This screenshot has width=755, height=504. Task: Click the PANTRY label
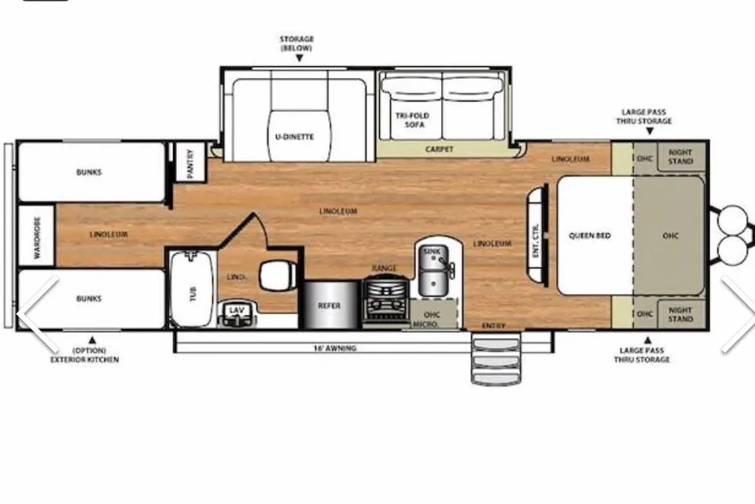coord(190,164)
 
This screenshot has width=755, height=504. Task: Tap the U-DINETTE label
coord(294,137)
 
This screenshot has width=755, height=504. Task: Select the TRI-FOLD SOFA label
coord(413,120)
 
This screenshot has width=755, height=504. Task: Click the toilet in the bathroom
coord(278,276)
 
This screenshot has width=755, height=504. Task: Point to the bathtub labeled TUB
coord(192,288)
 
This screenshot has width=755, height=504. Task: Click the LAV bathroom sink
coord(236,313)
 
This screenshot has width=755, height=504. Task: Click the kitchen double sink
coord(434,271)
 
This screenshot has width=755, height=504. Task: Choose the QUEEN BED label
coord(589,235)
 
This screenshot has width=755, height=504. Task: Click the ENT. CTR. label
coord(536,239)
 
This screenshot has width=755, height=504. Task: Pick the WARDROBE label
coord(37,238)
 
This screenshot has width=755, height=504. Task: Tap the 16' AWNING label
coord(335,348)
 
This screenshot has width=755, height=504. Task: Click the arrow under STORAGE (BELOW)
coord(299,57)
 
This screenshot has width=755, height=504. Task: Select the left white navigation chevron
coord(38,314)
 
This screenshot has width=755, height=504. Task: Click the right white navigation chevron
coord(738,314)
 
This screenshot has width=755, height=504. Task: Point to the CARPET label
coord(439,150)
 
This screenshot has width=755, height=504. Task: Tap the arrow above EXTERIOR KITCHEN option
coord(93,340)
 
